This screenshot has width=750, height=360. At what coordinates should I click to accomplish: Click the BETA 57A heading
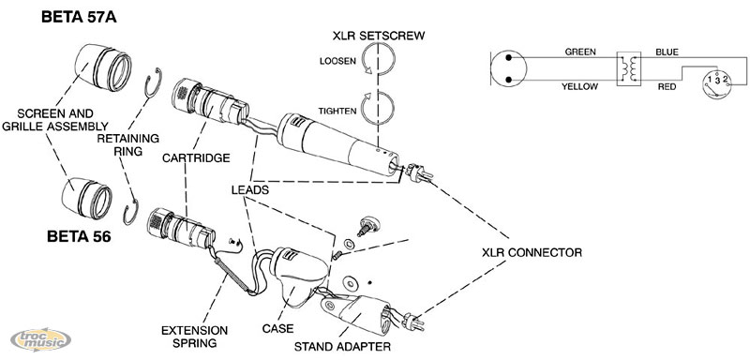pyautogui.click(x=79, y=17)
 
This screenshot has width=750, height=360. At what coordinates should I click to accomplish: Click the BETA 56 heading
pyautogui.click(x=79, y=236)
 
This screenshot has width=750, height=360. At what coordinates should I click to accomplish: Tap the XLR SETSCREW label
pyautogui.click(x=379, y=36)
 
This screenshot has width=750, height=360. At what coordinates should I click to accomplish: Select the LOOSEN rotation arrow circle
pyautogui.click(x=378, y=59)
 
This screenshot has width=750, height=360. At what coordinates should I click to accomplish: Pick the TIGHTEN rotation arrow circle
pyautogui.click(x=378, y=108)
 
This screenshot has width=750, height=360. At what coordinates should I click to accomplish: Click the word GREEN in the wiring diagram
pyautogui.click(x=580, y=52)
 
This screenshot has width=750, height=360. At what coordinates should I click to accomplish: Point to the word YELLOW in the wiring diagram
pyautogui.click(x=579, y=86)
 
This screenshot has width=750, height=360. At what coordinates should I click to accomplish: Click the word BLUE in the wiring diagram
pyautogui.click(x=667, y=52)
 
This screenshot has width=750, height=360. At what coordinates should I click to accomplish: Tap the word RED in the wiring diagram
pyautogui.click(x=667, y=86)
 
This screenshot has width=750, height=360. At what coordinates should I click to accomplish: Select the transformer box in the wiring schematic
pyautogui.click(x=628, y=68)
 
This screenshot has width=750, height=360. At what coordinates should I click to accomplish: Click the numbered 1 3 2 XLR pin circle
pyautogui.click(x=717, y=83)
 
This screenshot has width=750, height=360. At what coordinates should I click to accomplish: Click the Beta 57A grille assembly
pyautogui.click(x=102, y=67)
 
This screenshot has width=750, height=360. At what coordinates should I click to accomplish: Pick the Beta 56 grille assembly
pyautogui.click(x=87, y=198)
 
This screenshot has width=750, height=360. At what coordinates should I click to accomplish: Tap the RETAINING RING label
pyautogui.click(x=127, y=144)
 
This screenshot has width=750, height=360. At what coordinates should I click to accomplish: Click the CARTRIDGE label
pyautogui.click(x=196, y=157)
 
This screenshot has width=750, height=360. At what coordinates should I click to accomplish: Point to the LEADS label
pyautogui.click(x=250, y=189)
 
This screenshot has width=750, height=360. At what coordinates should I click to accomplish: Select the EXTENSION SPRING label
pyautogui.click(x=194, y=337)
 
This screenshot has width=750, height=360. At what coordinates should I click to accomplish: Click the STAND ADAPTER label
pyautogui.click(x=342, y=347)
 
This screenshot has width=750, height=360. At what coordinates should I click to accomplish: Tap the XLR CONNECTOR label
pyautogui.click(x=532, y=252)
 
